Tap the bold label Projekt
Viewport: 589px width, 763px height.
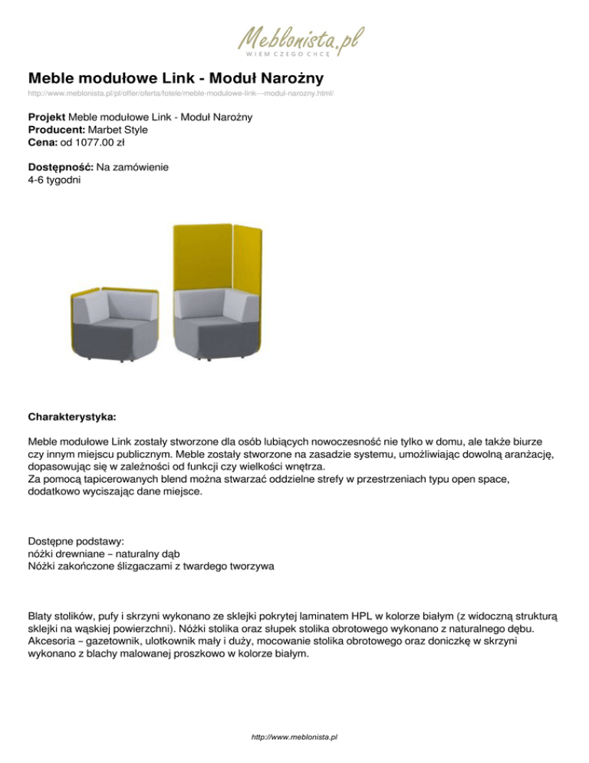point(46,117)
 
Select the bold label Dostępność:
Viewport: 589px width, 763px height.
point(61,167)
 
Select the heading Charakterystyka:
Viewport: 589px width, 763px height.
point(72,419)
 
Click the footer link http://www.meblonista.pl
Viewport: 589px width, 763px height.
point(294,736)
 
